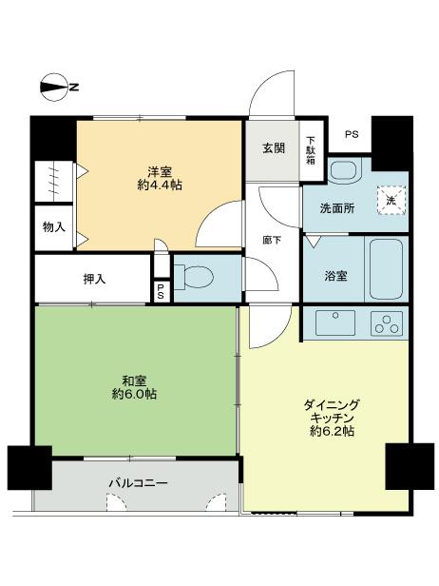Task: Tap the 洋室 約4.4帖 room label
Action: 158,178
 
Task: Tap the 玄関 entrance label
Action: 274,147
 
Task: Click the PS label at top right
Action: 352,134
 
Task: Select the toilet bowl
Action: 197,278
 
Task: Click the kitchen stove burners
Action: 386,322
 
